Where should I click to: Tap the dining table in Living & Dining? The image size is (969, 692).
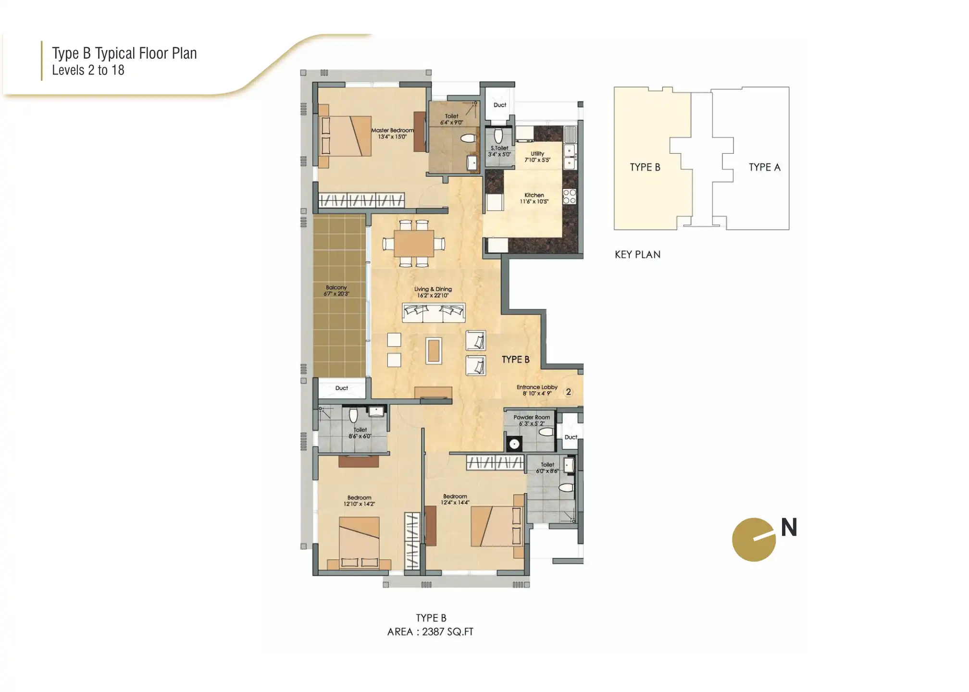[x=414, y=244]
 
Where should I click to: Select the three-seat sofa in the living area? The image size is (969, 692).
[x=434, y=313]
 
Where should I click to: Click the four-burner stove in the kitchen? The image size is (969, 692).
[x=570, y=197]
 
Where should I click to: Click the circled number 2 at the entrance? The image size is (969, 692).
[x=569, y=392]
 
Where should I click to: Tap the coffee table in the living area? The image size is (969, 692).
[x=434, y=350]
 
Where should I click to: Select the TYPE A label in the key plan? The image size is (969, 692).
[x=764, y=167]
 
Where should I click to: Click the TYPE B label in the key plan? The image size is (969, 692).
[x=645, y=167]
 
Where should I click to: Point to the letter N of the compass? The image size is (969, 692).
[x=789, y=528]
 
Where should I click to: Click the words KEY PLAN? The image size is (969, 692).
[x=637, y=255]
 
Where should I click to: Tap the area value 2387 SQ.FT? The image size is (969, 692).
[x=447, y=632]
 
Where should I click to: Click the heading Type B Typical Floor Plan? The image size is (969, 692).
[x=124, y=53]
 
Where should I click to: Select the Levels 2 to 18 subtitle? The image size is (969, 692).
[x=88, y=70]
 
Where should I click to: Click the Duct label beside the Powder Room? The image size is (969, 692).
[x=571, y=437]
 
